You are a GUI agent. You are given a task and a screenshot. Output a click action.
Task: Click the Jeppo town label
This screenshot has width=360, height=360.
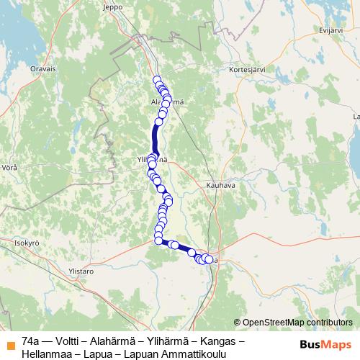[114, 6]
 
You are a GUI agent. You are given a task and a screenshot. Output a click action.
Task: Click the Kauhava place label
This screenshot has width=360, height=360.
[220, 185]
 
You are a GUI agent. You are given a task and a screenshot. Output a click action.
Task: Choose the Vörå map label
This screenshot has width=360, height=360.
[9, 166]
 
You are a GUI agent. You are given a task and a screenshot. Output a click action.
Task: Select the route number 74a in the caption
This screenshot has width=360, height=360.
[31, 340]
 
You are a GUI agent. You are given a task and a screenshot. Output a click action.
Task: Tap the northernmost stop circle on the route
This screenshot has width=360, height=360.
[156, 80]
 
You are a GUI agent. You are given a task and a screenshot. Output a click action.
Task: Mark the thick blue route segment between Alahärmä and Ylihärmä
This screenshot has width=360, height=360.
[155, 137]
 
